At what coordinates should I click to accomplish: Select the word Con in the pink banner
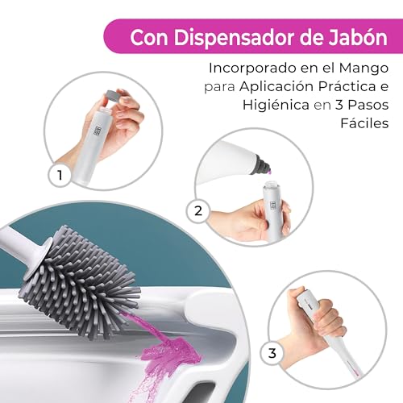149,38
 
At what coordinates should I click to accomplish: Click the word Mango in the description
364,68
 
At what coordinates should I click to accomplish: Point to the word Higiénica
276,105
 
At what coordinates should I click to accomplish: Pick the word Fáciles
364,123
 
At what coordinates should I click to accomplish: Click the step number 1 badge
60,176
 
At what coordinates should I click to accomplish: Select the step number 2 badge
198,211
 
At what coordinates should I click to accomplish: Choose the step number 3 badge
272,353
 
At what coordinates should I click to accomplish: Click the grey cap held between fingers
113,95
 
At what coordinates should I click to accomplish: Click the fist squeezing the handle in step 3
316,317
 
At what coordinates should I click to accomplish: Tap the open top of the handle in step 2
269,185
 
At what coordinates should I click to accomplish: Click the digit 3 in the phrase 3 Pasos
339,105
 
